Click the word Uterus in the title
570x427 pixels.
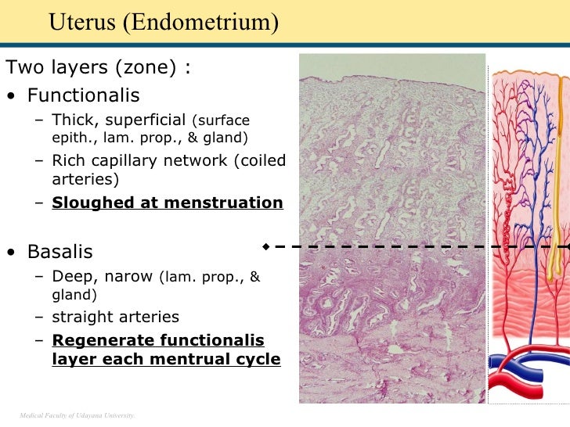[x=81, y=22]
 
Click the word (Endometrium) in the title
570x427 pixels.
[x=200, y=23]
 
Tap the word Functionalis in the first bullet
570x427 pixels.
[x=84, y=96]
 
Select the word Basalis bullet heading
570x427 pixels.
[x=60, y=253]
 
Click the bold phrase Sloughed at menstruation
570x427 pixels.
[x=168, y=203]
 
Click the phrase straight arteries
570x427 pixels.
[x=115, y=318]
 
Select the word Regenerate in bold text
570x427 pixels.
[x=103, y=341]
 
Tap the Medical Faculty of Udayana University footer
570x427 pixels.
[x=77, y=414]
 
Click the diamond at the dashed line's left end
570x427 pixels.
[x=266, y=246]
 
